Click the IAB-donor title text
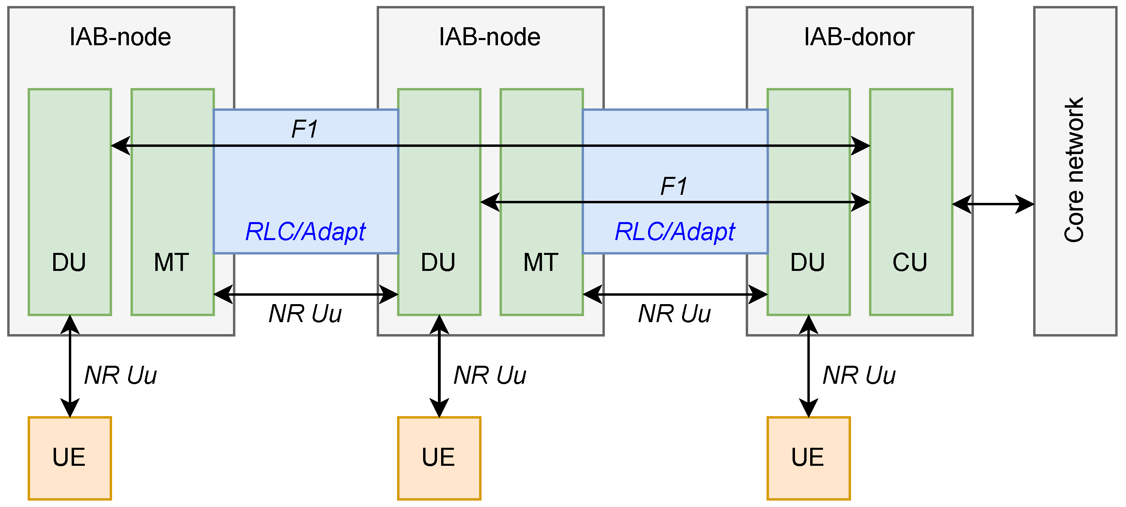click(859, 37)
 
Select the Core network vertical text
click(1074, 170)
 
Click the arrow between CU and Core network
click(993, 204)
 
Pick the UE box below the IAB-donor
click(808, 458)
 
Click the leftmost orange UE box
click(70, 458)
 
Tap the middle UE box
click(439, 458)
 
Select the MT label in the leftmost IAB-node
click(171, 262)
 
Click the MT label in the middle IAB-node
click(541, 262)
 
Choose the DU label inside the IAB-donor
click(807, 262)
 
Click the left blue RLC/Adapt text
click(305, 232)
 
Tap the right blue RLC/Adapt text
click(674, 232)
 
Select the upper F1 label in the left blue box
click(304, 129)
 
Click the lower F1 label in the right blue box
click(674, 186)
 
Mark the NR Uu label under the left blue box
click(305, 314)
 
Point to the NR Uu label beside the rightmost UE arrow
click(859, 375)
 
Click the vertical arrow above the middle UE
click(439, 365)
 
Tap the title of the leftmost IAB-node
click(120, 37)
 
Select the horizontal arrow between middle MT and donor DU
click(675, 294)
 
